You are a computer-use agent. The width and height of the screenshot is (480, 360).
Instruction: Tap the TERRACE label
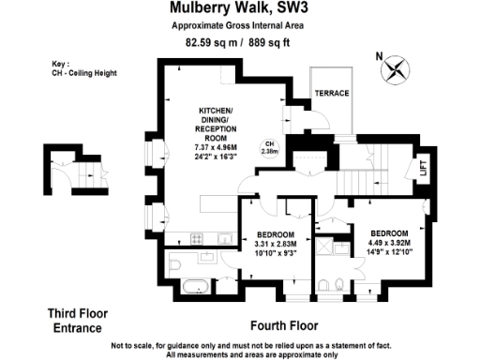coord(330,94)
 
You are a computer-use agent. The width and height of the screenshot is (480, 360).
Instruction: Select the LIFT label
coord(424,169)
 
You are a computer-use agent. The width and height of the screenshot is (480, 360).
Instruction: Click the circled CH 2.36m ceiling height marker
coord(269,146)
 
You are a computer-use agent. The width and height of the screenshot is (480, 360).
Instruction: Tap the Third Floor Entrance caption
coord(75,321)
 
